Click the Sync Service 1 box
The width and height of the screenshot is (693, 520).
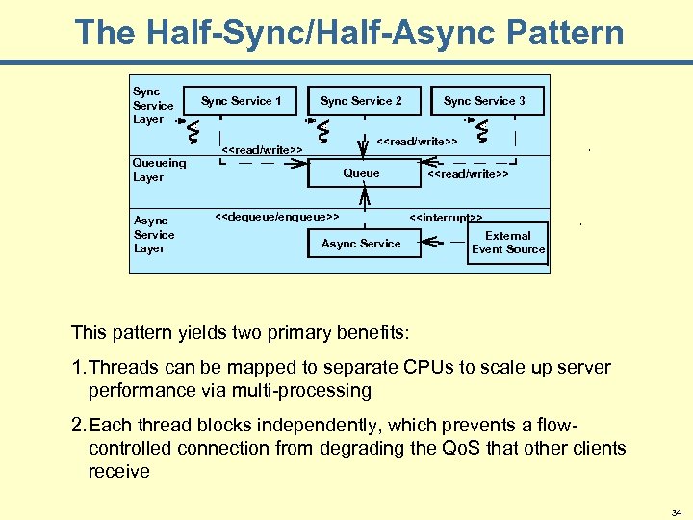tap(241, 101)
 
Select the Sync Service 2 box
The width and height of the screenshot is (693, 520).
tap(361, 101)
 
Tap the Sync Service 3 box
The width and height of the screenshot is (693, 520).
tap(484, 101)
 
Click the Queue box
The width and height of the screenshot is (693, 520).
tap(361, 173)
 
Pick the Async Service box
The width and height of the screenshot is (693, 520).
tap(361, 244)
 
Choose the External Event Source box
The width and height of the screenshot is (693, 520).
tap(507, 243)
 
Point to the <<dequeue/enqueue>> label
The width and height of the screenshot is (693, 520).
tap(275, 217)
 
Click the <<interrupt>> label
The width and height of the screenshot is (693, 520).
tap(447, 218)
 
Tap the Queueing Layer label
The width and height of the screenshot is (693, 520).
tap(159, 170)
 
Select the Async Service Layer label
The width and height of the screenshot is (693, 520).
tap(154, 235)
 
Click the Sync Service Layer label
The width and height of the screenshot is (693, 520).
tap(153, 106)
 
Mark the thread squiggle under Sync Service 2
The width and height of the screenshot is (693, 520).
tap(324, 127)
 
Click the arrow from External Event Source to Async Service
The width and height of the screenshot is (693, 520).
tap(445, 244)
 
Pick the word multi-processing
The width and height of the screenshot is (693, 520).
tap(300, 391)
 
